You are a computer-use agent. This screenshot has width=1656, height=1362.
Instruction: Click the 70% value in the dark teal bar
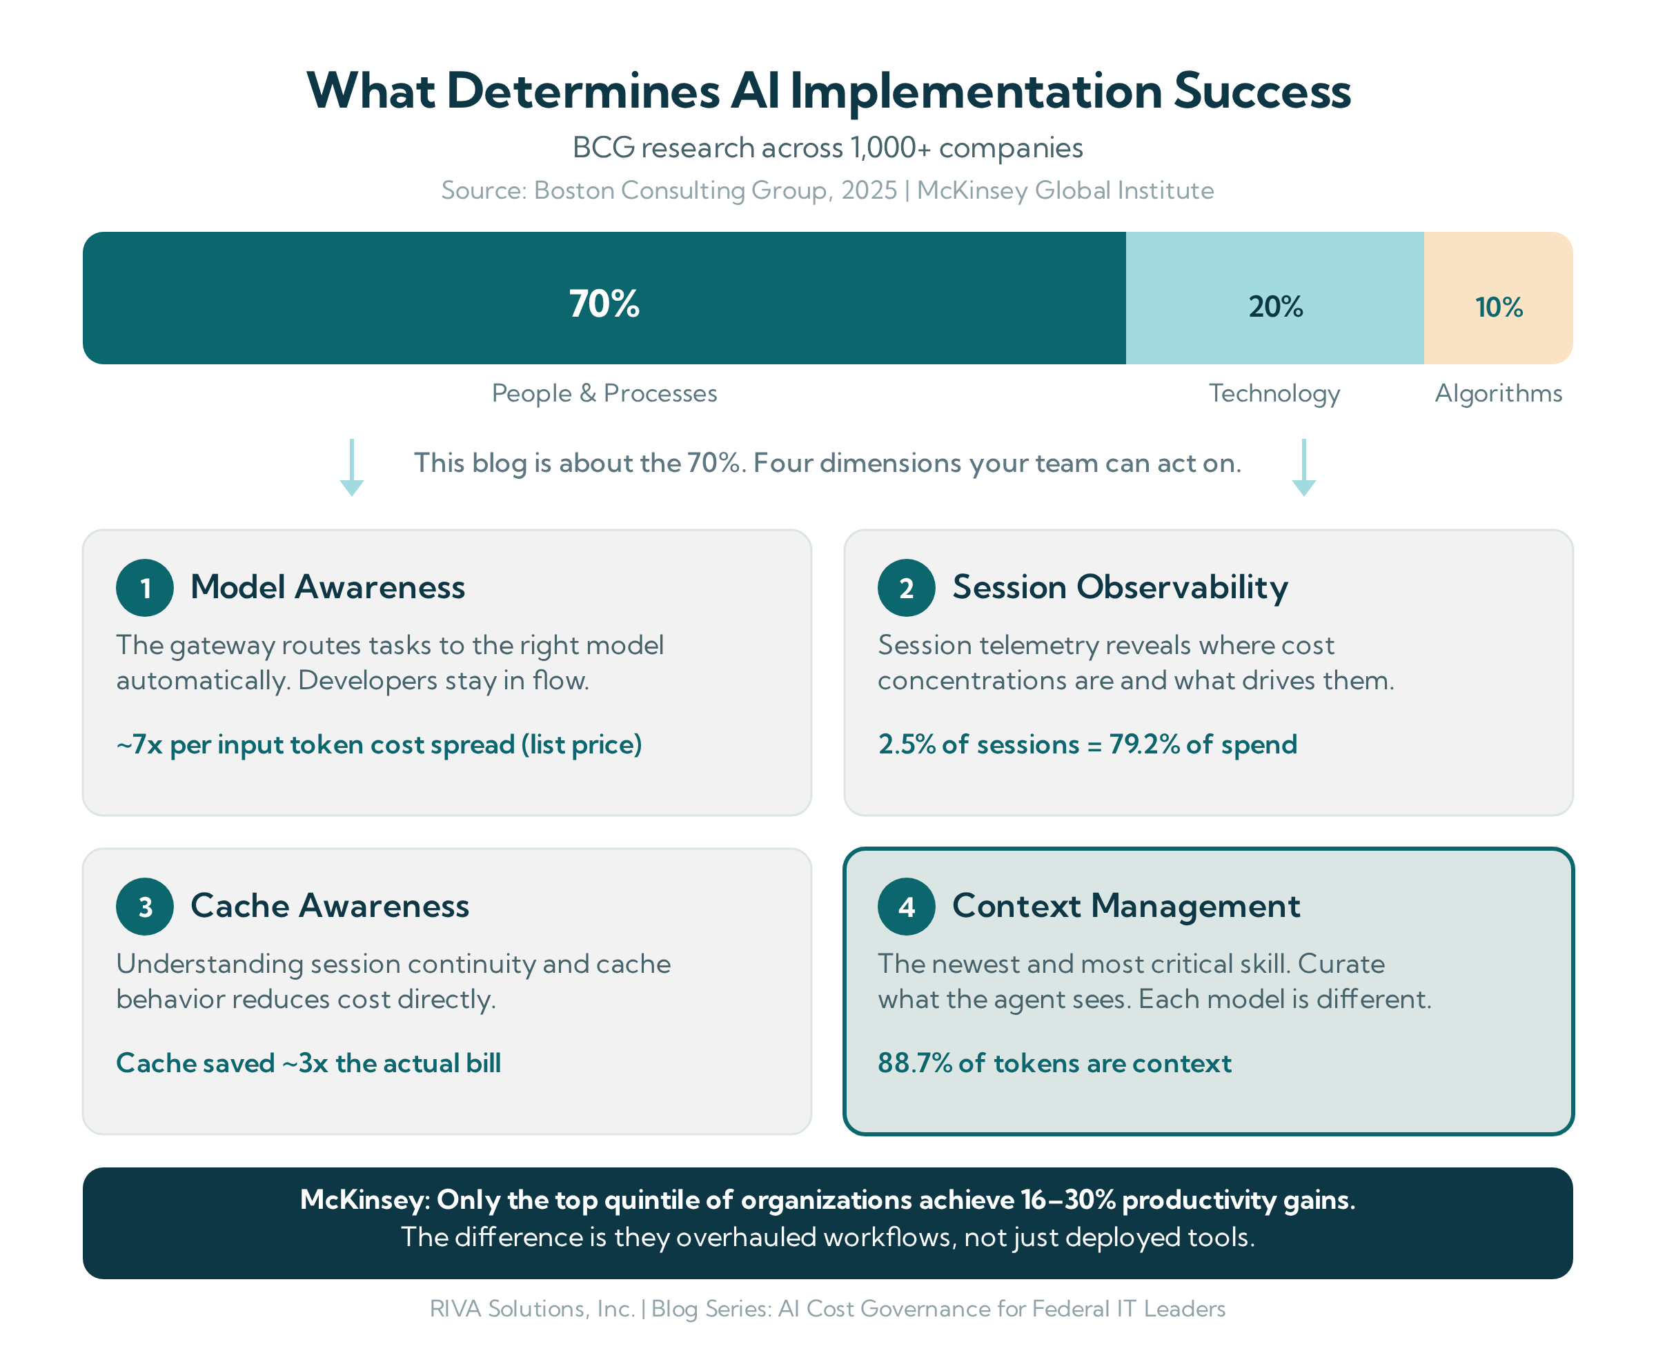604,304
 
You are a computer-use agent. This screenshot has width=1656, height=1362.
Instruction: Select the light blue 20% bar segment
1274,298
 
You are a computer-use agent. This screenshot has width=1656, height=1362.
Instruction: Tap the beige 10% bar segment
1498,298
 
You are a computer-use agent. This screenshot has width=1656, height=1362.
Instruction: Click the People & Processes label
604,393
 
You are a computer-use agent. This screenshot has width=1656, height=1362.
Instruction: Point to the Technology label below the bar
1274,394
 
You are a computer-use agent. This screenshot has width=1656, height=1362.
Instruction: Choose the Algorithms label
1498,394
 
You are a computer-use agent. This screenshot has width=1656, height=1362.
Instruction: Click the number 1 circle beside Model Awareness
145,588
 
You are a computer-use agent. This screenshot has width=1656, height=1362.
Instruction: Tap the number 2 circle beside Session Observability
906,588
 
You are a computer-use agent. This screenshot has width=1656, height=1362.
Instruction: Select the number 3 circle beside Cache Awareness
145,906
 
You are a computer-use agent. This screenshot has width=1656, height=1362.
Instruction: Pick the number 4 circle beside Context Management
906,906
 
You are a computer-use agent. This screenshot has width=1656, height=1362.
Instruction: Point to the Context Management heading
1125,906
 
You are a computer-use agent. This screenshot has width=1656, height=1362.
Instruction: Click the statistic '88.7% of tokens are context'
1054,1063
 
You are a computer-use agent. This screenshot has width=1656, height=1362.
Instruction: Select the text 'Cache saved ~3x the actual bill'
308,1063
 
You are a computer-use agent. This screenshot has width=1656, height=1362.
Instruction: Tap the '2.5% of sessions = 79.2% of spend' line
1087,744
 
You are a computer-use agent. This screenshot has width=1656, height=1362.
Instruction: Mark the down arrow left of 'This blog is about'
351,468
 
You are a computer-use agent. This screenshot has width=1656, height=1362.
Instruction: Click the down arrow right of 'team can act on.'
1304,468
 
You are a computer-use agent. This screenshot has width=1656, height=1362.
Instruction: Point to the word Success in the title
1261,91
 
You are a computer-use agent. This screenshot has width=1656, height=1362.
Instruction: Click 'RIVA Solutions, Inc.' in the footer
532,1309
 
